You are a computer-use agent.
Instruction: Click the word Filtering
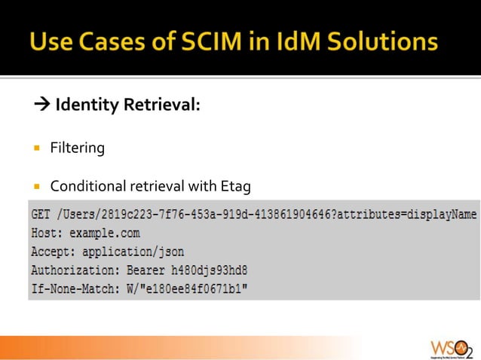tap(77, 148)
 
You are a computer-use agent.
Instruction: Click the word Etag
tap(234, 186)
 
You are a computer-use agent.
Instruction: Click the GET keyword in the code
tap(41, 215)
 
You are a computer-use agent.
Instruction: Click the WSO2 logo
tap(450, 347)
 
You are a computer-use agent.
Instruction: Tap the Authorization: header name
tap(71, 270)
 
